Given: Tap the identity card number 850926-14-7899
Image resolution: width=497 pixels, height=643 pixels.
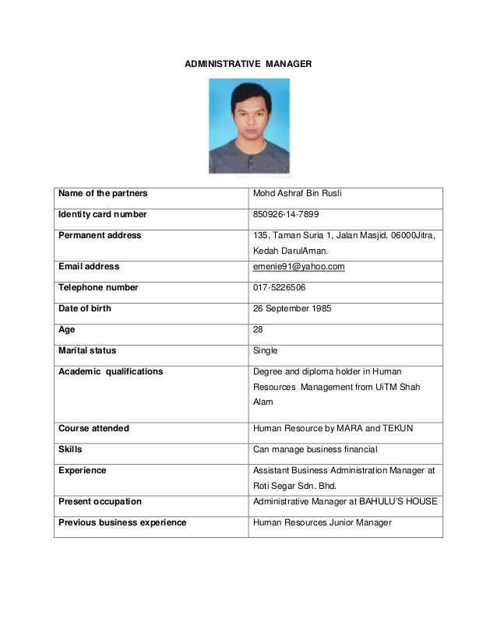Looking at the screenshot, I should pos(286,214).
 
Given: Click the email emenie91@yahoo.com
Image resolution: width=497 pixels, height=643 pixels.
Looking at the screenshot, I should pos(299,266).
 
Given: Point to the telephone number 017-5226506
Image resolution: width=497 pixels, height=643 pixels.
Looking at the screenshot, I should pos(280,287).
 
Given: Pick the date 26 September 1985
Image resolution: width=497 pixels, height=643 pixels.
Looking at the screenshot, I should pos(293,308).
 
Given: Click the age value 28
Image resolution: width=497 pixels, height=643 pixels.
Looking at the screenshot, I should pos(259,329).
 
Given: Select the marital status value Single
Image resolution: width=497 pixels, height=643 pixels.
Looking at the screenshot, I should pos(266,350).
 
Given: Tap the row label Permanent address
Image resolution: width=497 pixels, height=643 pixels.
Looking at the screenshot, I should pos(100,235).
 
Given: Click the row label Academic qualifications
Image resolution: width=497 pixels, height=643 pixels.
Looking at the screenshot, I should pos(111,371).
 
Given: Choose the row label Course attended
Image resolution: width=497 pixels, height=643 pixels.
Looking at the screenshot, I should pos(93,428).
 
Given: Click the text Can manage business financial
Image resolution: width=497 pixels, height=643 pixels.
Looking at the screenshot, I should pos(315,449).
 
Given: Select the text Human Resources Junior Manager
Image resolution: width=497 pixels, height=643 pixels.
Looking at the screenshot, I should pos(323,522).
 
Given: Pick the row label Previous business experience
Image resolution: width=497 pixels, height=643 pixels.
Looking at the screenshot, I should pos(122,522).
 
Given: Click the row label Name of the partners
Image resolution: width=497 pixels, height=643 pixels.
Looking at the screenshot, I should pos(103,193).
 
